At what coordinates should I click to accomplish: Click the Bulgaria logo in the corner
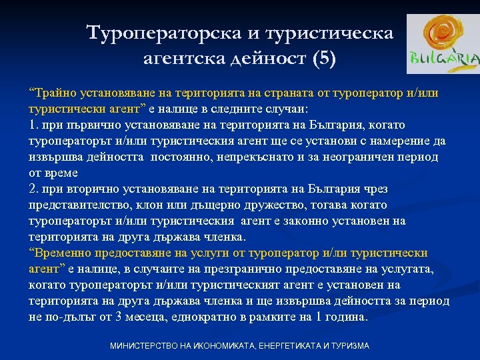coord(442,45)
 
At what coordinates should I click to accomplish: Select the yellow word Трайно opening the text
coord(51,93)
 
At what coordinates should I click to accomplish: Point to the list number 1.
coord(33,125)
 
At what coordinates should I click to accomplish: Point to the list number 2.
coord(33,189)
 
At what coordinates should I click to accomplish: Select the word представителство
coord(73,205)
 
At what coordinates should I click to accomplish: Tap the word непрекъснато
coord(235,157)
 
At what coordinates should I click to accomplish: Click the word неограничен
coord(357,157)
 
